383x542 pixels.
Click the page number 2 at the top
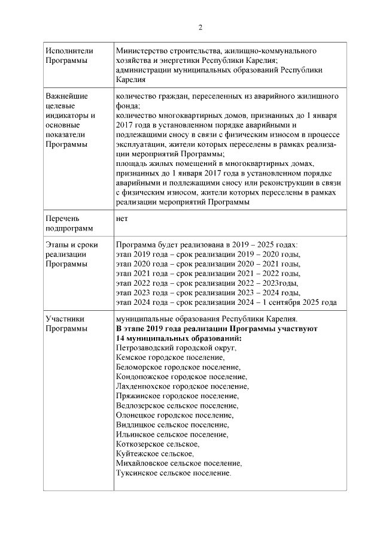(x=200, y=27)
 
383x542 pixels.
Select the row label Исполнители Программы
(x=66, y=56)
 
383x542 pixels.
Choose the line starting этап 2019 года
(x=208, y=255)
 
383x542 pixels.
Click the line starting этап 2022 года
(x=207, y=283)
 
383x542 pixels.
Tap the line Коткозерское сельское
(x=158, y=444)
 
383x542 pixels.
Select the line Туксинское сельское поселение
(x=174, y=473)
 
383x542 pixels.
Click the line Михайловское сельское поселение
(x=179, y=464)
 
